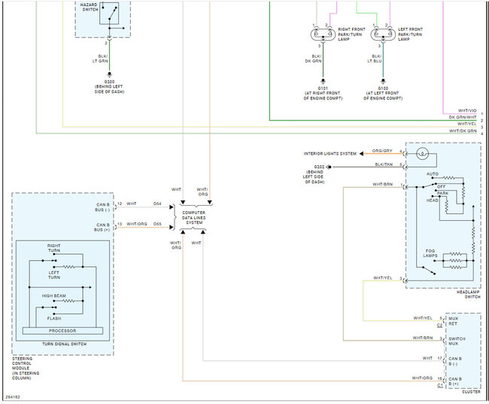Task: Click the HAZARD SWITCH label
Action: tap(89, 8)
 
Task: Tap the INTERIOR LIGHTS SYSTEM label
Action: tap(330, 153)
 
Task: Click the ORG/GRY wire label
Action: tap(382, 151)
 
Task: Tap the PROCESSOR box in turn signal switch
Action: tap(63, 330)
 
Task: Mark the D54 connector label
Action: tap(156, 204)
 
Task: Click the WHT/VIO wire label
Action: tap(467, 111)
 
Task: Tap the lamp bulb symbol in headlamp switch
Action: tap(423, 155)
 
